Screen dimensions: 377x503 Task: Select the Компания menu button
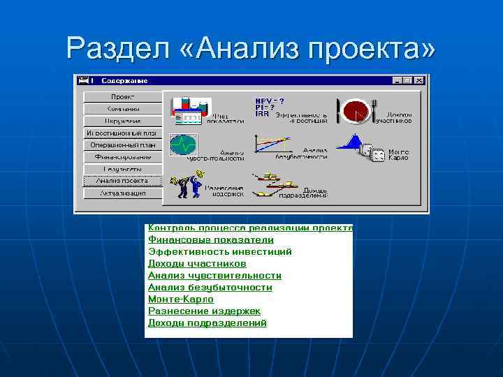123,109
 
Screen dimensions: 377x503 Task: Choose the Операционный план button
123,145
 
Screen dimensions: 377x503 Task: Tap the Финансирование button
123,157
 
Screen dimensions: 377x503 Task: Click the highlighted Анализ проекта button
123,181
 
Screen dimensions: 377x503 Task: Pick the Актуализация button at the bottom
123,193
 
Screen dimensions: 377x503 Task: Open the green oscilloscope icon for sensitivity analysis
184,145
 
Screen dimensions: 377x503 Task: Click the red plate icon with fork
356,110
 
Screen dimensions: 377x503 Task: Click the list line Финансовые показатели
210,239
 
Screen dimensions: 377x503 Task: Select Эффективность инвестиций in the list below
219,251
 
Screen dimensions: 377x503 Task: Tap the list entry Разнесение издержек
204,311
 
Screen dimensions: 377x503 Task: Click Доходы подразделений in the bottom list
207,323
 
